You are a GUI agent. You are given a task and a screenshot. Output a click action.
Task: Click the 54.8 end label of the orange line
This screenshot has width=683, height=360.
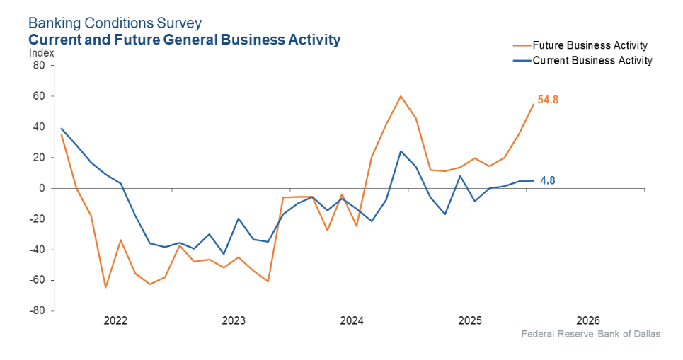coord(548,100)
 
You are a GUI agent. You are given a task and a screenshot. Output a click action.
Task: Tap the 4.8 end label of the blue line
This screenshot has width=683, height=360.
coord(547,180)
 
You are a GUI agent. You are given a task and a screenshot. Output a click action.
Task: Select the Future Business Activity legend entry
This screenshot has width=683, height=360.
coord(590,46)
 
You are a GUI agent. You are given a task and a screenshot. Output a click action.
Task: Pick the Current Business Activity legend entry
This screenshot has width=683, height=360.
coord(592,61)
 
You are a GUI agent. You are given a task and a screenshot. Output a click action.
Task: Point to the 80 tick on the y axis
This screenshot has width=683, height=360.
coord(38,66)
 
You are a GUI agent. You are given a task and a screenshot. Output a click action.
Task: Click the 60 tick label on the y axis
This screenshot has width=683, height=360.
coord(38,96)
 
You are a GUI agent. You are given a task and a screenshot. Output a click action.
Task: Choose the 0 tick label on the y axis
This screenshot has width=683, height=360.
coord(42,188)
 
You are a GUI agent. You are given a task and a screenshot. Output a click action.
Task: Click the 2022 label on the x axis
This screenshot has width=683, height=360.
coord(115,320)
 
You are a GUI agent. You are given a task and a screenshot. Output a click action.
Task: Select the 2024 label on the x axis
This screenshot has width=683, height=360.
coord(352,320)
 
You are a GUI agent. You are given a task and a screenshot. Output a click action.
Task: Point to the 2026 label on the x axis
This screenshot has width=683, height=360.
coord(588,320)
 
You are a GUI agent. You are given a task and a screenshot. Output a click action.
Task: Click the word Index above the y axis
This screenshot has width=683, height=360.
coord(41,53)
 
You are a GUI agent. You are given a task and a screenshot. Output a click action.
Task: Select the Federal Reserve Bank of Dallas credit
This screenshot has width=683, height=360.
coord(590,334)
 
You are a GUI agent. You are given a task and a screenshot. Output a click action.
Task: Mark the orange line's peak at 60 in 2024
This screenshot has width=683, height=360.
coord(401,96)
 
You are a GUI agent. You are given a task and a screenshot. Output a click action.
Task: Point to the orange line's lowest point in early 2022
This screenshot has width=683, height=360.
coord(105,287)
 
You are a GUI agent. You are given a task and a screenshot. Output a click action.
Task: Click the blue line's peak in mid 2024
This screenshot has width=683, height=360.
coord(401,151)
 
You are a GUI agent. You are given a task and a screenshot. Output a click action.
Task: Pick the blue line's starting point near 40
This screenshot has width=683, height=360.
coord(62,129)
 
